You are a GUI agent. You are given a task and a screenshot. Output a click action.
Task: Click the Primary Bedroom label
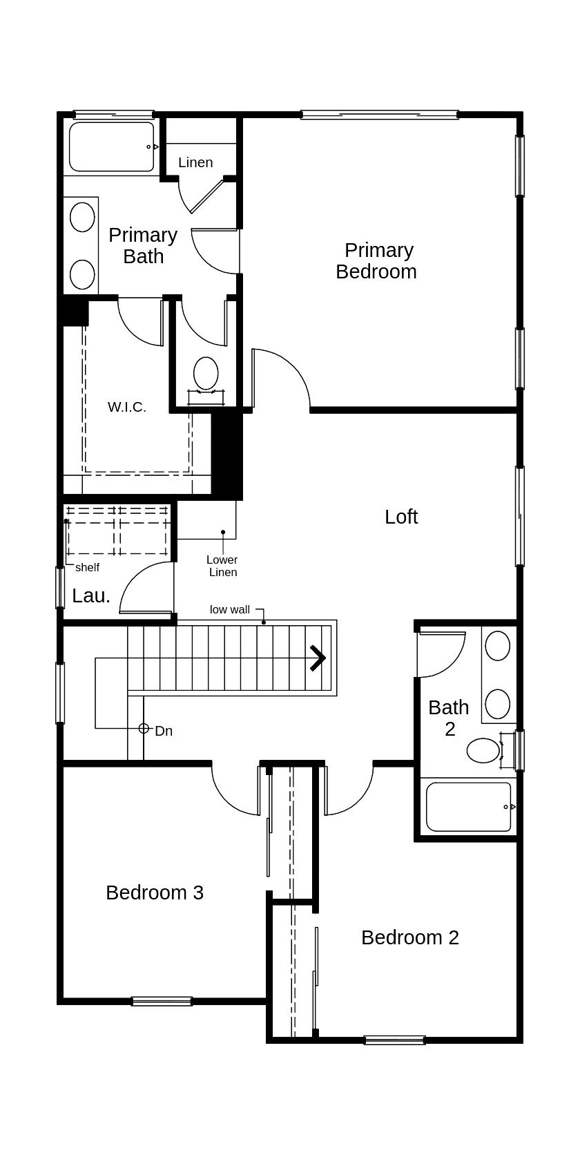[376, 260]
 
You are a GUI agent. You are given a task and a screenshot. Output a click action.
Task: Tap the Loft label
[401, 517]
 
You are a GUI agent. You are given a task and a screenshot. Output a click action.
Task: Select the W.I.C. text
[127, 407]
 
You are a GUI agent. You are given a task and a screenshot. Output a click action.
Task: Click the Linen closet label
[195, 162]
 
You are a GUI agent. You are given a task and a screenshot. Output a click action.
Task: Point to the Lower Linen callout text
[222, 566]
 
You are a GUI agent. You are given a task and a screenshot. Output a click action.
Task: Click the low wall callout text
[230, 609]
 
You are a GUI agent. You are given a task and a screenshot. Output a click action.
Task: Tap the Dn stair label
[164, 731]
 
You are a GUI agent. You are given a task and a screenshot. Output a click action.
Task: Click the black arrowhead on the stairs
[318, 658]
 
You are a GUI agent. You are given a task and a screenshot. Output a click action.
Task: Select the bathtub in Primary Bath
[112, 147]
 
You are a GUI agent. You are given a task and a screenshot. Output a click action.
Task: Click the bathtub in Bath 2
[469, 807]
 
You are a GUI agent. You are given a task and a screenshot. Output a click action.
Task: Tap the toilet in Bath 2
[483, 750]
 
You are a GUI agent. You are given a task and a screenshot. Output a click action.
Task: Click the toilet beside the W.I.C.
[206, 373]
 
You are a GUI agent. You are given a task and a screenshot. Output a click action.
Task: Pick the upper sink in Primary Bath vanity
[83, 217]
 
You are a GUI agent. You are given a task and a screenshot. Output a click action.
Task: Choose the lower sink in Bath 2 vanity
[498, 704]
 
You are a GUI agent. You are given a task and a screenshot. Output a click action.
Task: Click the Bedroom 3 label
[155, 892]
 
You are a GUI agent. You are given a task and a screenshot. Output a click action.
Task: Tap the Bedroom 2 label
[410, 937]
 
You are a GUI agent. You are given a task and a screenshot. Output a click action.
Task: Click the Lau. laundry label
[91, 595]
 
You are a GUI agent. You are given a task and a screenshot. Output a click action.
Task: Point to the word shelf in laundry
[88, 567]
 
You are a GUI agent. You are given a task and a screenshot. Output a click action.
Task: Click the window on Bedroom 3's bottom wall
[162, 1001]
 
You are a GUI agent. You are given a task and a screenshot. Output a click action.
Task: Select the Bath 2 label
[449, 718]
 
